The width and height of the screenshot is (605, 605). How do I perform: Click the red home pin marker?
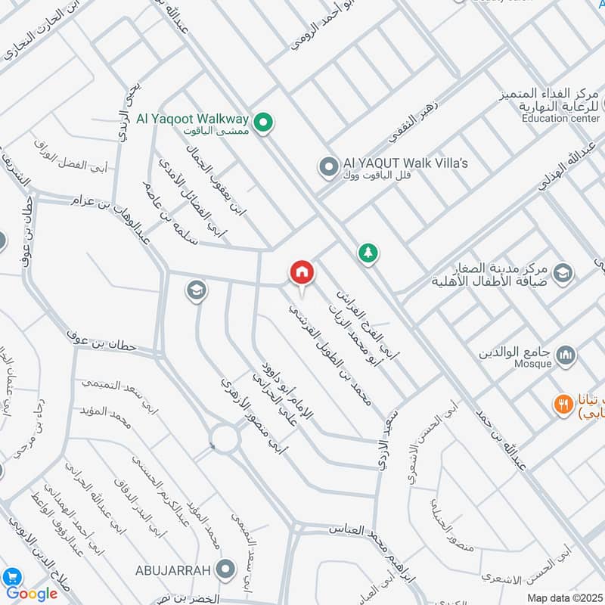(x=301, y=273)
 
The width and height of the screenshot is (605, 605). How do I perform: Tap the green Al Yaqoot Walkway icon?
(x=262, y=122)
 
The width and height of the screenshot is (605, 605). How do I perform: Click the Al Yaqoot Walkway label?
(x=192, y=119)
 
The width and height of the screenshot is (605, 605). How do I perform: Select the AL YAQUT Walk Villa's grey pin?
(x=327, y=166)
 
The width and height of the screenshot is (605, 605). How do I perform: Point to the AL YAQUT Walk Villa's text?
(x=405, y=163)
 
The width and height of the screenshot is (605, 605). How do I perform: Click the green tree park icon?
(x=368, y=253)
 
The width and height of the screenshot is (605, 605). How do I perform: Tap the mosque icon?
(x=565, y=355)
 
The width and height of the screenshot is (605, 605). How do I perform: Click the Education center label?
(x=560, y=118)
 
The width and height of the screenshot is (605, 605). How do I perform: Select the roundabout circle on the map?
(x=225, y=438)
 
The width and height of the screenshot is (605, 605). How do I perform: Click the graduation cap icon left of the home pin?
(x=196, y=290)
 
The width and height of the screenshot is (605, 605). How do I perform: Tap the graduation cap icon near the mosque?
(x=563, y=272)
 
